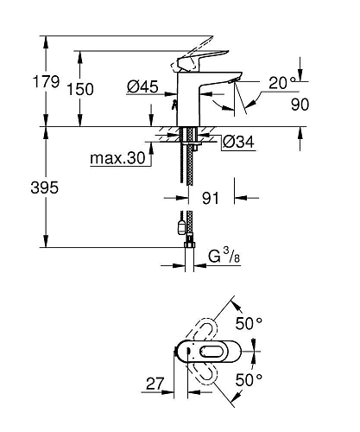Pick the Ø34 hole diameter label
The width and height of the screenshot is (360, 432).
[x=234, y=143]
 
